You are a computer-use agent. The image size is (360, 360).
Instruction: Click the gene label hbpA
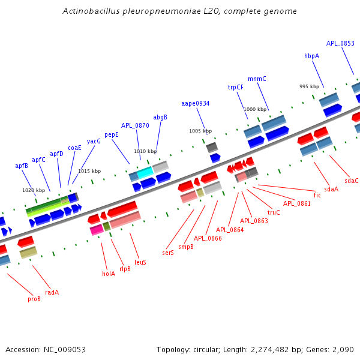[x=311, y=56]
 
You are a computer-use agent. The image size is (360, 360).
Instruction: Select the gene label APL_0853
[x=340, y=43]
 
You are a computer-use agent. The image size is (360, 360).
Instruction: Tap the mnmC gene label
[x=257, y=79]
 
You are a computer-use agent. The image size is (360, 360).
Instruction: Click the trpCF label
[x=235, y=87]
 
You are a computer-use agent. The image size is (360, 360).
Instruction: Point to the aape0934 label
[x=195, y=103]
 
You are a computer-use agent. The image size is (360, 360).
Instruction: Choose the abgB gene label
[x=160, y=117]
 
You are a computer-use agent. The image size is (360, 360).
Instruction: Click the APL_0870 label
[x=135, y=125]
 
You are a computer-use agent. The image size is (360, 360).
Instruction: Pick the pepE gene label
[x=112, y=134]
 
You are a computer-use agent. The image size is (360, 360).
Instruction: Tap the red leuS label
[x=140, y=262]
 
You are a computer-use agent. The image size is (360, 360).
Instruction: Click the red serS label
[x=168, y=253]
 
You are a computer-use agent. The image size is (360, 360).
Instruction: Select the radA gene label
[x=52, y=292]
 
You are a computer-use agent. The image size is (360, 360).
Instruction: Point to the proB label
[x=34, y=298]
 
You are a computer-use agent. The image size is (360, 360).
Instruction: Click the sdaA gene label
[x=331, y=189]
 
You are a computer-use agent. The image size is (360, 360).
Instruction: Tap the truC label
[x=274, y=212]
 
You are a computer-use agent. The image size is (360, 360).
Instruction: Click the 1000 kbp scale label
[x=254, y=109]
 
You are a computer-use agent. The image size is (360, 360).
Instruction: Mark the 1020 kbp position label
[x=34, y=190]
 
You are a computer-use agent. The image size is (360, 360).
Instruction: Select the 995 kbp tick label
[x=309, y=86]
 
